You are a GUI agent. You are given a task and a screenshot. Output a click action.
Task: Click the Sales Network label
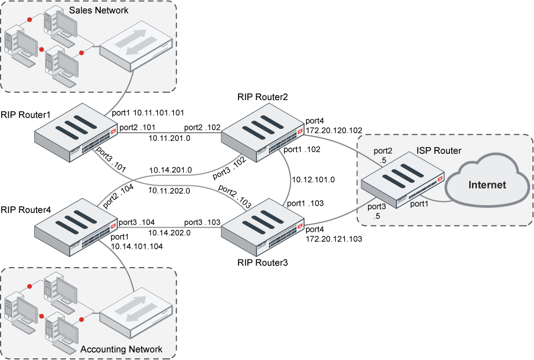point(98,10)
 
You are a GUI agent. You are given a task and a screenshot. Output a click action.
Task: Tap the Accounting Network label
point(122,349)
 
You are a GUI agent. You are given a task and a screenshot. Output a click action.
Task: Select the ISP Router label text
point(439,151)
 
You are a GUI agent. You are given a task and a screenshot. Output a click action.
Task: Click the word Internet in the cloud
point(487,185)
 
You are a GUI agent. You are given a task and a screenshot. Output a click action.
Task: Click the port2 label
point(382,151)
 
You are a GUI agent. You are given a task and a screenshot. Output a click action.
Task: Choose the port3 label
point(377,207)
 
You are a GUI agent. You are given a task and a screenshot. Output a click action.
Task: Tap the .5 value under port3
point(377,217)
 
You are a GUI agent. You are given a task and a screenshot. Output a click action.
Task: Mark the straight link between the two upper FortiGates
point(169,133)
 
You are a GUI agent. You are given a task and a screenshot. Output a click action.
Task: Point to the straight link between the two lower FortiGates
point(169,227)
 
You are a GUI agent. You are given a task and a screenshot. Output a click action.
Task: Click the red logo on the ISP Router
point(440,179)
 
